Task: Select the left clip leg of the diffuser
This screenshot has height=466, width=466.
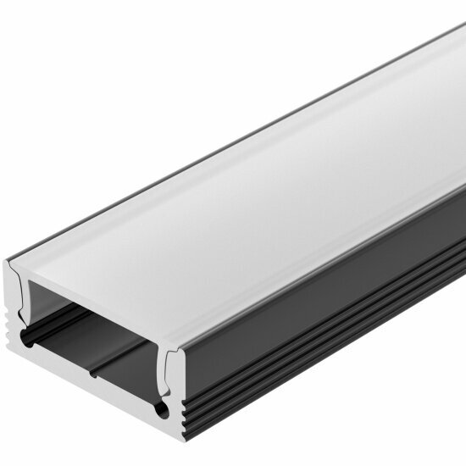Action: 20,292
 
